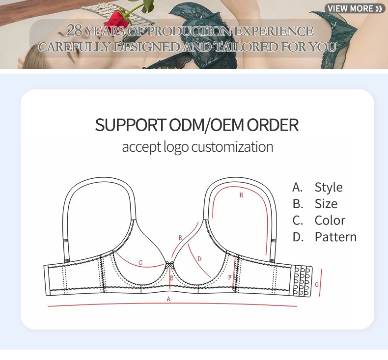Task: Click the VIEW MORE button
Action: click(355, 8)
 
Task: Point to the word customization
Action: click(232, 147)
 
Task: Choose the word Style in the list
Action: click(329, 187)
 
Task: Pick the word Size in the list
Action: click(326, 204)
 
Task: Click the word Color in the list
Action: click(330, 221)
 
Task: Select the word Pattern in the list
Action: click(335, 237)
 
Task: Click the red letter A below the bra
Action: click(168, 299)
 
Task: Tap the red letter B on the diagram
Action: click(180, 238)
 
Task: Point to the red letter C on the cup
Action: click(140, 263)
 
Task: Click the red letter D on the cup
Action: click(199, 259)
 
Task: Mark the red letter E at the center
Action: click(171, 278)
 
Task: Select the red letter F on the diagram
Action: click(229, 277)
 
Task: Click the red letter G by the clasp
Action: click(317, 284)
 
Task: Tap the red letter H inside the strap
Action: click(241, 195)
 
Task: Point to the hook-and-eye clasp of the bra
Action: click(302, 281)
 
